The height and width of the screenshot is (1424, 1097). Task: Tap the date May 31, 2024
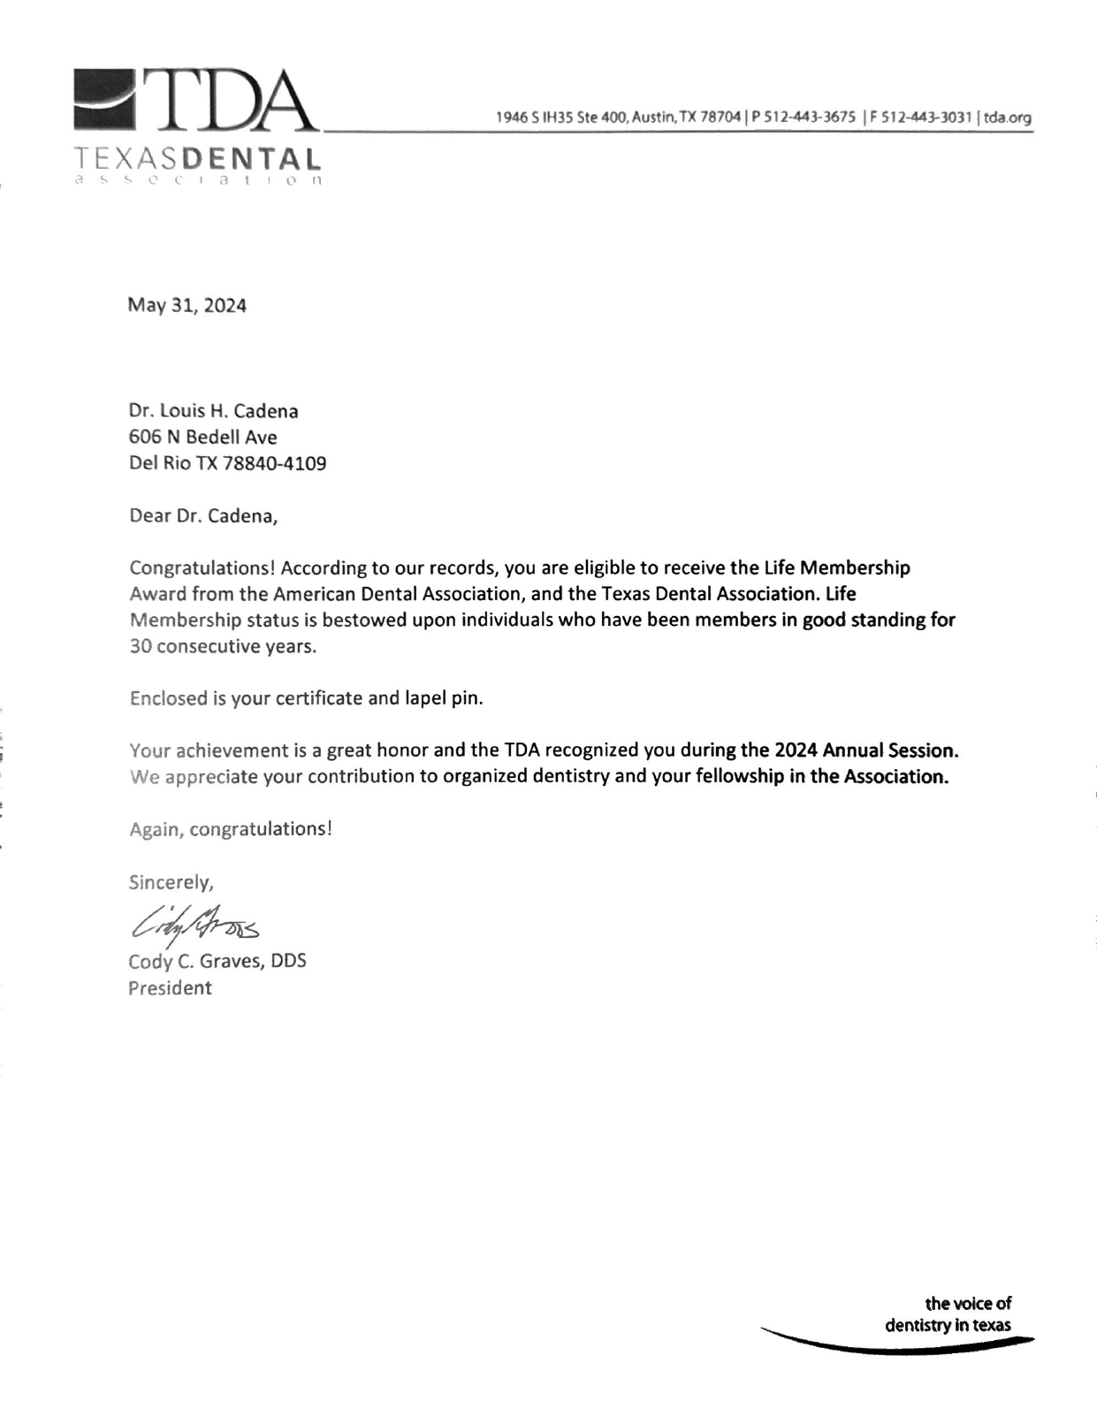coord(187,306)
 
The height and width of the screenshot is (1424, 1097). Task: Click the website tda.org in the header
coord(1008,118)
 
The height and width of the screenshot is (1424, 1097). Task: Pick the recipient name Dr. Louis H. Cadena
coord(214,411)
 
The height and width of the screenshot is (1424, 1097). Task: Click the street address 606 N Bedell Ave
coord(203,438)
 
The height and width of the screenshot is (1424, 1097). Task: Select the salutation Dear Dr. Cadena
coord(203,516)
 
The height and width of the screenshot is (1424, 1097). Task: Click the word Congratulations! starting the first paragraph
coord(202,567)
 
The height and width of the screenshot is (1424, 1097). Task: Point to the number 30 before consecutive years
coord(141,646)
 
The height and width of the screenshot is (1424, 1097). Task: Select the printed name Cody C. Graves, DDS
coord(217,961)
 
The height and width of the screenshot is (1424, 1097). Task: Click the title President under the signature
coord(170,988)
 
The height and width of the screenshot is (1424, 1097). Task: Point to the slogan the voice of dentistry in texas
coord(949,1314)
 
